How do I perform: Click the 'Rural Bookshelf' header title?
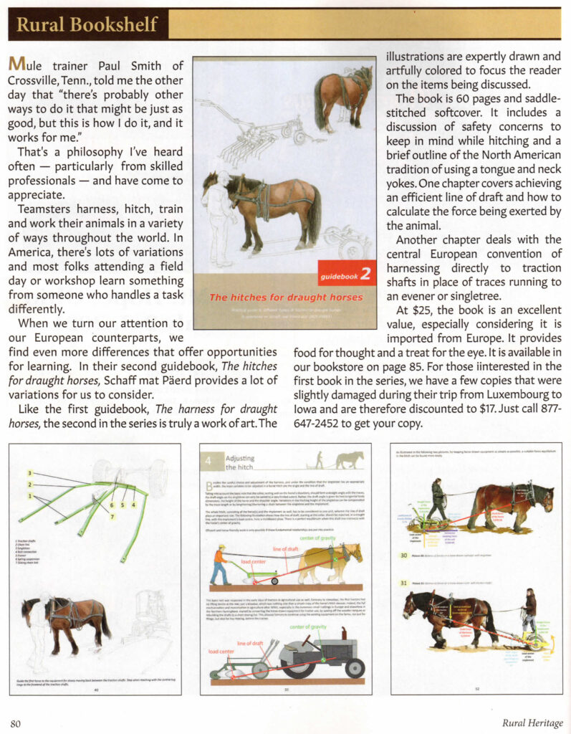point(87,24)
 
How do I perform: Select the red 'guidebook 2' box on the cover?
point(346,273)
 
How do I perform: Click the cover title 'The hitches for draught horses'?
point(286,297)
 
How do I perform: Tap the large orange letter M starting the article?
point(17,65)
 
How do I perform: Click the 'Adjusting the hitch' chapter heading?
point(240,462)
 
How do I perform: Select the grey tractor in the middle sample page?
point(320,653)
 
